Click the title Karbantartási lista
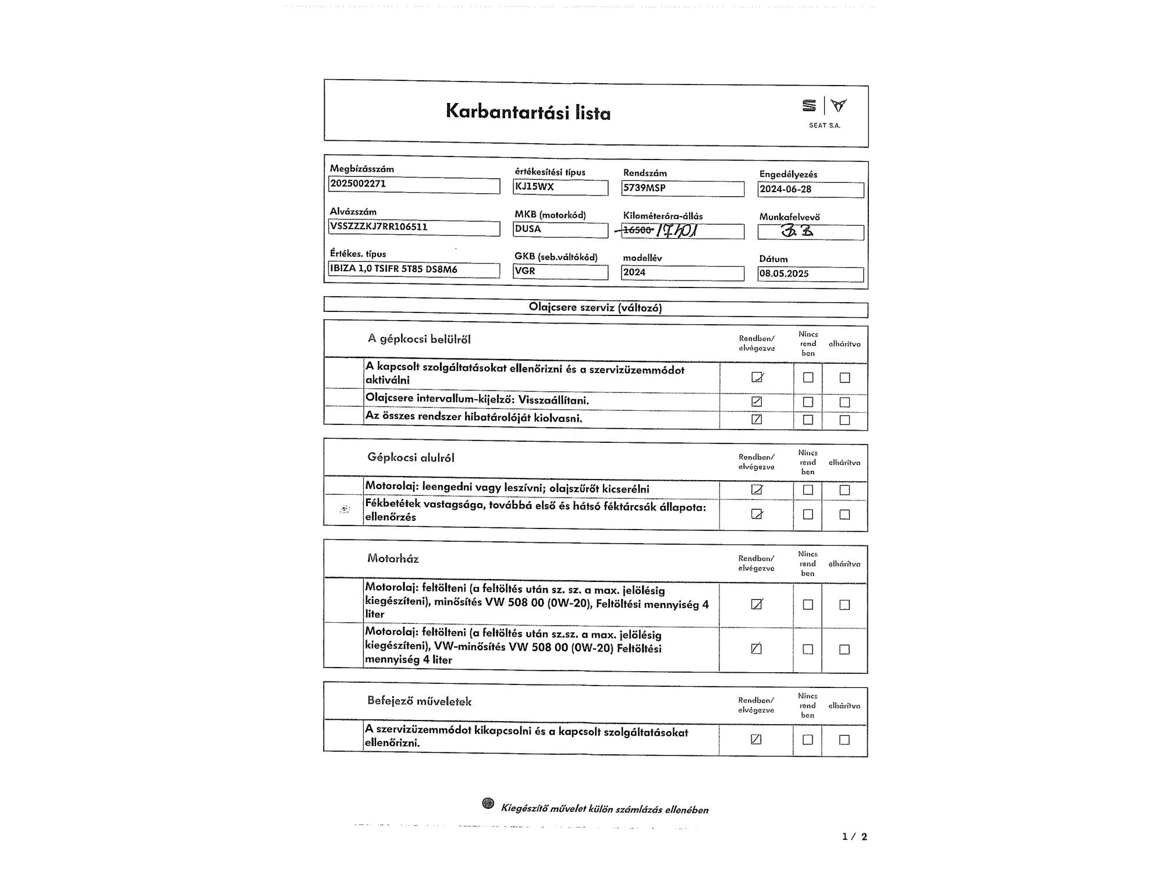pos(528,111)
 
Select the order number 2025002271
pos(358,184)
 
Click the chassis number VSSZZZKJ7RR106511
pos(379,227)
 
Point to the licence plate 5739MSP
pos(644,188)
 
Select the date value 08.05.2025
pos(784,274)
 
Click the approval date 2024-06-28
pos(786,189)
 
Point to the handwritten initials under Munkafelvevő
pos(798,231)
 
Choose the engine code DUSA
pos(528,229)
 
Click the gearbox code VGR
pos(525,271)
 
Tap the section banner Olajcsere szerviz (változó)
pos(595,307)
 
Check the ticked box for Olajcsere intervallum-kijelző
pos(757,401)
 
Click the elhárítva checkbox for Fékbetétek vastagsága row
pos(844,514)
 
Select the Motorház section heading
pos(393,559)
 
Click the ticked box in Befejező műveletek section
pos(756,739)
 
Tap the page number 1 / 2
pos(854,836)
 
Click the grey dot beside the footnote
pos(488,804)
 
